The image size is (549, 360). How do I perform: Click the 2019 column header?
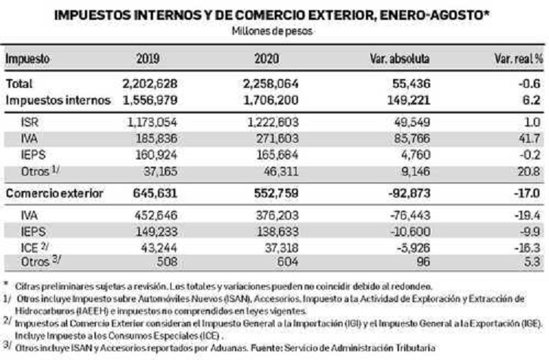(148, 58)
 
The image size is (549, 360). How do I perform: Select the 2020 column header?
(266, 58)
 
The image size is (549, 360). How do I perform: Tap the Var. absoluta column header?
(400, 58)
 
